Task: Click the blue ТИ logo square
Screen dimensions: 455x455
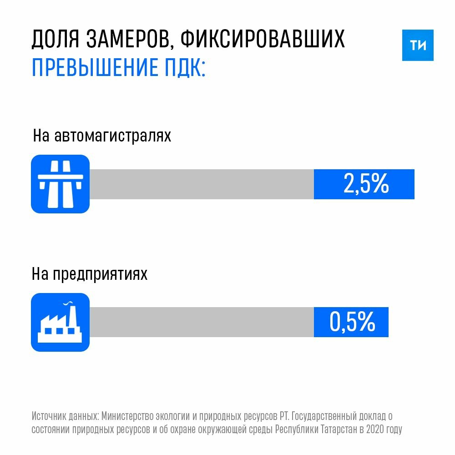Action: pos(418,45)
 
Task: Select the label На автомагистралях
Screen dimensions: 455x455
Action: pos(102,136)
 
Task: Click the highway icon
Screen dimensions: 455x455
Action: pos(60,184)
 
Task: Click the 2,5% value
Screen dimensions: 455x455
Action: pos(366,184)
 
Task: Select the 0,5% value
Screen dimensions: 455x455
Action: pos(352,322)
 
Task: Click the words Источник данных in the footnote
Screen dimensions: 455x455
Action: pos(65,416)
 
